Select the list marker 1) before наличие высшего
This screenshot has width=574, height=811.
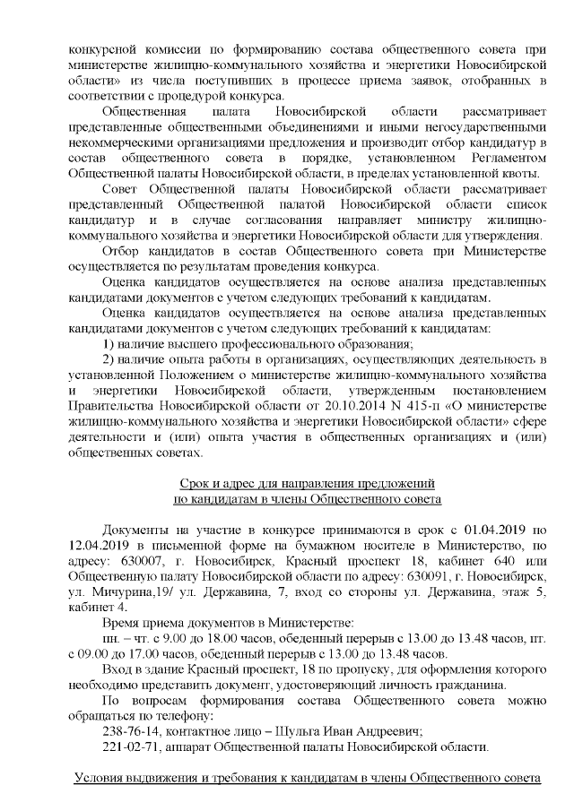[x=110, y=344]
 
